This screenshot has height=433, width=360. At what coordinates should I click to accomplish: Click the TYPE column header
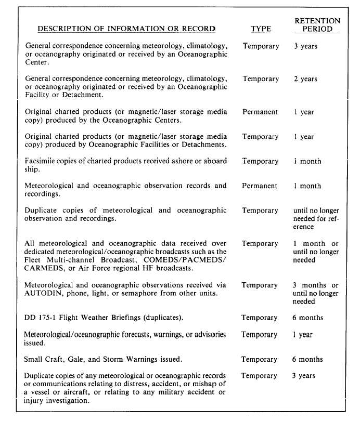click(x=260, y=29)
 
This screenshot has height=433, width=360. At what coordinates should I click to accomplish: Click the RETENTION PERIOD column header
click(x=317, y=25)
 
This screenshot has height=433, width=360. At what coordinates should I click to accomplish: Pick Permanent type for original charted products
click(x=260, y=112)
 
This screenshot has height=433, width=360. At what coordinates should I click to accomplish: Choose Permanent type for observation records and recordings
click(x=260, y=186)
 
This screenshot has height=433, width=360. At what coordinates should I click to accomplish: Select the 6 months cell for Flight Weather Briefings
click(x=307, y=318)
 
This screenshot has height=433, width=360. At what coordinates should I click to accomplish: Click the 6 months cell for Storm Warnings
click(x=307, y=359)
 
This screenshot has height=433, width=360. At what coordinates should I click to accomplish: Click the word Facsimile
click(x=43, y=161)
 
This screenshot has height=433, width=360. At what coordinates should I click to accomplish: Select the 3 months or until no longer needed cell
click(x=315, y=293)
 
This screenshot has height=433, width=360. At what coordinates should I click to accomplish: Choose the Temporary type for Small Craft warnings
click(x=260, y=359)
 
